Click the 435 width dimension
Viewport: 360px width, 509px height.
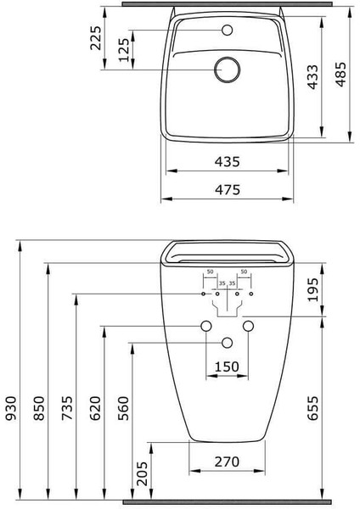click(227, 160)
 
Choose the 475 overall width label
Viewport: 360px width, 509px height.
click(227, 190)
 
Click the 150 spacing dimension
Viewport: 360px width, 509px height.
click(226, 366)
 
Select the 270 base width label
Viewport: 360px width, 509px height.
click(226, 461)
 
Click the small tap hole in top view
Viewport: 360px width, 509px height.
click(227, 31)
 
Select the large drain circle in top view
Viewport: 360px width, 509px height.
click(227, 70)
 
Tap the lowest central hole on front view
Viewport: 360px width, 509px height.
click(227, 342)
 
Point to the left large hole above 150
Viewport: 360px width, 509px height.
click(205, 327)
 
